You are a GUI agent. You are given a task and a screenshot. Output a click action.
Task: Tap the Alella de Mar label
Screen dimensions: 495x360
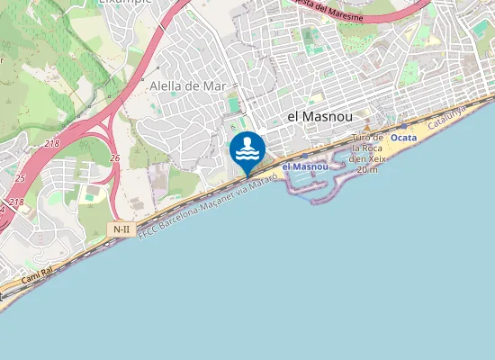187,85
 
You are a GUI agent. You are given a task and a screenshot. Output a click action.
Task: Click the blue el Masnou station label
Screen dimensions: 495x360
305,166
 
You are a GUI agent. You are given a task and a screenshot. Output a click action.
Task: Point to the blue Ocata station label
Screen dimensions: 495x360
404,138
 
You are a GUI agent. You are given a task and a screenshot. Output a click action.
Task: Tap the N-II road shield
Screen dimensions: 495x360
121,229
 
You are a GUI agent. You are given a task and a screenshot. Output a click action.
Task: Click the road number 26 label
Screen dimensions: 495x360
115,158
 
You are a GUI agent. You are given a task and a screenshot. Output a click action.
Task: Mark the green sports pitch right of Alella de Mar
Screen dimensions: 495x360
235,105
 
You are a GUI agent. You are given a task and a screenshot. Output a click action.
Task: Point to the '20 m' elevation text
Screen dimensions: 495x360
366,169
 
